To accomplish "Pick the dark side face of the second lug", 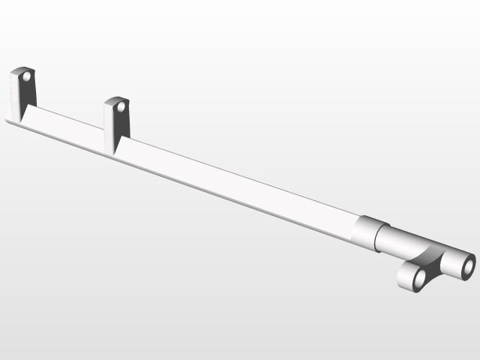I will pyautogui.click(x=123, y=123).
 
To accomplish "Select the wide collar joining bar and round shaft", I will pyautogui.click(x=367, y=231).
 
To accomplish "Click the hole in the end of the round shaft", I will pyautogui.click(x=469, y=266).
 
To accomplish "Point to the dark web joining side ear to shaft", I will pyautogui.click(x=433, y=264).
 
